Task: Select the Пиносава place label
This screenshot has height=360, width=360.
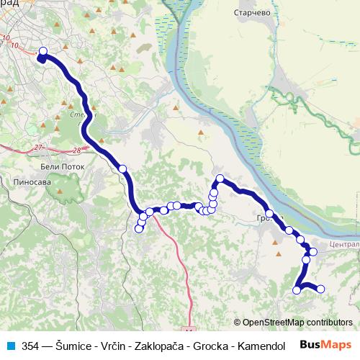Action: coord(32,183)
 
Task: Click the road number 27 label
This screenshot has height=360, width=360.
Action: coord(38,148)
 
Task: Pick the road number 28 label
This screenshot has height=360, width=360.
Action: coord(77,150)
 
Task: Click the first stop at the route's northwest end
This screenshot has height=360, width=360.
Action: coord(42,51)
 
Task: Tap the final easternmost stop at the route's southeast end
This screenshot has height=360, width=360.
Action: coord(320,289)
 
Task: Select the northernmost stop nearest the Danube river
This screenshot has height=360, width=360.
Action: coord(220,179)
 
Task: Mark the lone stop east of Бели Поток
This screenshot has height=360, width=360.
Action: coord(122,168)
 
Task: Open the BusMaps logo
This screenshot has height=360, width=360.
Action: coord(325,346)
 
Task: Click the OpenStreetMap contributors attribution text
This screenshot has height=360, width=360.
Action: coord(297,323)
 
